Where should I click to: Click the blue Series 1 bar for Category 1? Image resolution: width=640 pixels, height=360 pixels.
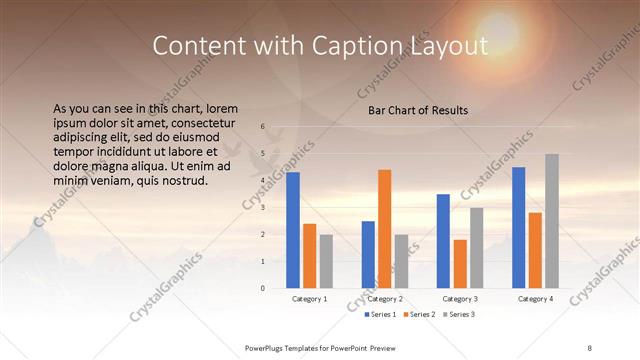[x=293, y=230]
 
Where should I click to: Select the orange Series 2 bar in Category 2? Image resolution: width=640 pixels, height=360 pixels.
[x=385, y=229]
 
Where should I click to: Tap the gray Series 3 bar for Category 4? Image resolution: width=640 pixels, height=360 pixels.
[x=551, y=221]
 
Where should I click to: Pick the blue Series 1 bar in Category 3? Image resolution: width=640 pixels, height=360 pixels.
[x=443, y=241]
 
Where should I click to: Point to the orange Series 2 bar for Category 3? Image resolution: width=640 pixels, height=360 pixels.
[x=460, y=264]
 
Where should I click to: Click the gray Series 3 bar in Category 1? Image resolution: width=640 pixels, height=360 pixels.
[x=326, y=261]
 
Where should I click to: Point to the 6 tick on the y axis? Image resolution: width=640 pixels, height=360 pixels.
[x=262, y=127]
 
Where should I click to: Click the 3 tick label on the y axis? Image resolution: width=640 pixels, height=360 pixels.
[x=262, y=208]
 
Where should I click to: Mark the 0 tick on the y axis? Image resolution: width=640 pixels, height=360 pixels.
[x=262, y=288]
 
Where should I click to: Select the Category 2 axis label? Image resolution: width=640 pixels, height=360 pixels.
[x=385, y=299]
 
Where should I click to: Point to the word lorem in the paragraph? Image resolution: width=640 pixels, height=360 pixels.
[x=223, y=108]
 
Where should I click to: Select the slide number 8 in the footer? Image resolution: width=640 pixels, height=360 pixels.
[x=590, y=347]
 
